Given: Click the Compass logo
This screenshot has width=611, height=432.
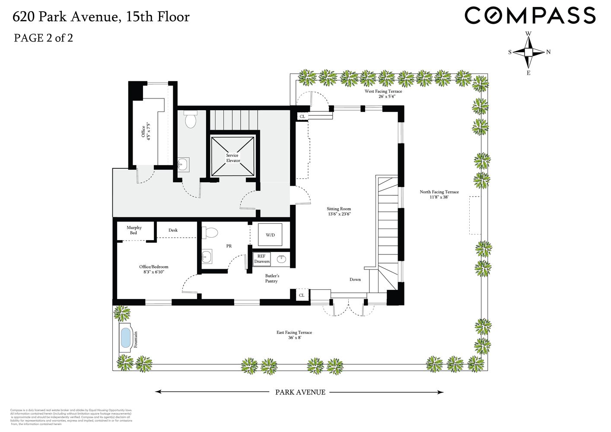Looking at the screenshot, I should [530, 16].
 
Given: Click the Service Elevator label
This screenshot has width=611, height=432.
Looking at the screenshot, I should [232, 158].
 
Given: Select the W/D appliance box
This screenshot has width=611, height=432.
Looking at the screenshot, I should [270, 235].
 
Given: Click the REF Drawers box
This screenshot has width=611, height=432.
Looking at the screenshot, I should [262, 259].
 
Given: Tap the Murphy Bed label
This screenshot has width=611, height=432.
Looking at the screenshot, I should [134, 230].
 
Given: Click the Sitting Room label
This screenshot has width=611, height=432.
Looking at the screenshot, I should [339, 211].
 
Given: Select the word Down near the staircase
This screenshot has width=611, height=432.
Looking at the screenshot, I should [355, 280].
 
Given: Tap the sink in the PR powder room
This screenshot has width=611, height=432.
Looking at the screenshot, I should [207, 257].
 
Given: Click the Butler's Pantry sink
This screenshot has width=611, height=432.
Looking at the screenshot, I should [282, 259].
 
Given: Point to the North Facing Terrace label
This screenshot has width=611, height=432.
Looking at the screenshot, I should [439, 194].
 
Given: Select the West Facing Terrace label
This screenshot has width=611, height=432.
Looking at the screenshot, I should [383, 94].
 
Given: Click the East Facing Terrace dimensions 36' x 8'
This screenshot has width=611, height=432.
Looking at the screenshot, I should [294, 338].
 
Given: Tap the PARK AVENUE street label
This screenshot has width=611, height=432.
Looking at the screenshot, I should [300, 392].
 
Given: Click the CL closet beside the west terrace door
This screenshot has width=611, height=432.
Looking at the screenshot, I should [302, 116].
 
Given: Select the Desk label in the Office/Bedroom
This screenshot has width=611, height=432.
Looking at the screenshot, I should [173, 230].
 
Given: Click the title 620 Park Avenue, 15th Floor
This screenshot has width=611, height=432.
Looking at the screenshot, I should [101, 17].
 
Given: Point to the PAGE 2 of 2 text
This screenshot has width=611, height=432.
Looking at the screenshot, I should [43, 38].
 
